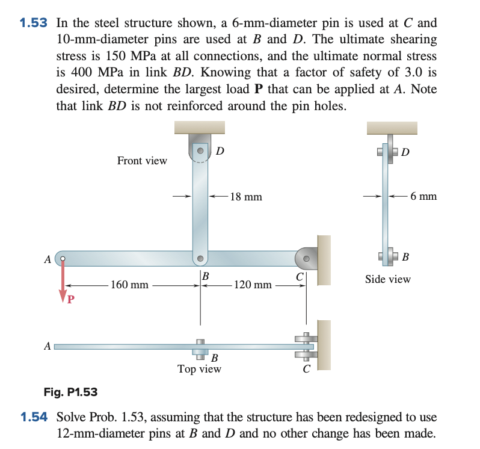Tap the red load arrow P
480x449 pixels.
point(62,283)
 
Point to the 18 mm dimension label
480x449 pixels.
point(246,197)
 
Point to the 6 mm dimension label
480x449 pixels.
point(423,196)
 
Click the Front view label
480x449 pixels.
point(142,161)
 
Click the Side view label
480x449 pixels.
point(388,279)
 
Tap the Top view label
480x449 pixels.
point(199,369)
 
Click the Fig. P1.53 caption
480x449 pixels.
point(70,392)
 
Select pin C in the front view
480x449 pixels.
point(307,259)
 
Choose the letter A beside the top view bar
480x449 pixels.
point(47,346)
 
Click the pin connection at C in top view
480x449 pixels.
point(306,347)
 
